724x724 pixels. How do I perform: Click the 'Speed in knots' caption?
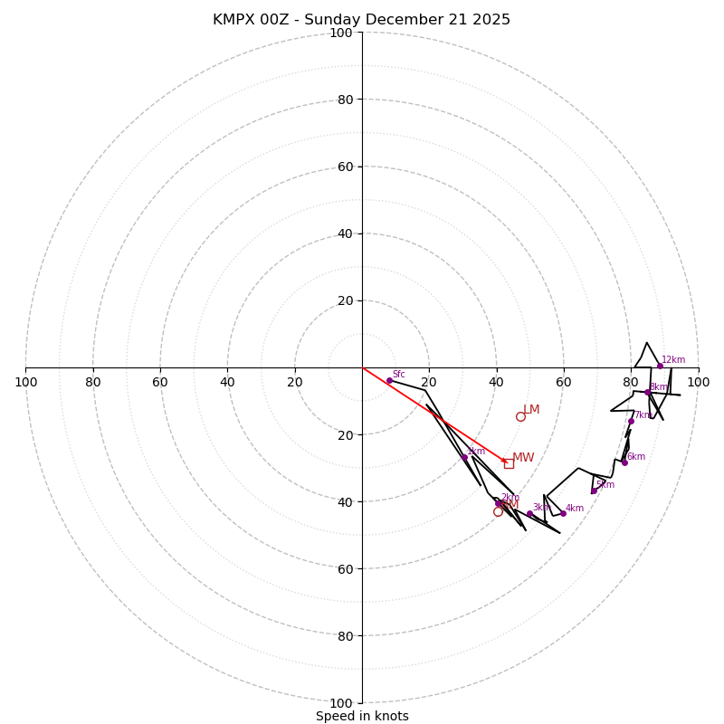pos(362,716)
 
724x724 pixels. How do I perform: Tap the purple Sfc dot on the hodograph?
pos(389,380)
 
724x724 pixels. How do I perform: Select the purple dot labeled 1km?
pos(464,457)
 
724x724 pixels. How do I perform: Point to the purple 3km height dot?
pos(529,513)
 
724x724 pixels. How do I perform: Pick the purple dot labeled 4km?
pos(563,513)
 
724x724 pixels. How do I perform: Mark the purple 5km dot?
pos(594,491)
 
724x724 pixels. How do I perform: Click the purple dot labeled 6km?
pos(624,462)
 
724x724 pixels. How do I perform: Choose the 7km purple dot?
pos(631,421)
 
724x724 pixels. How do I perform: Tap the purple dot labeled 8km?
pos(647,392)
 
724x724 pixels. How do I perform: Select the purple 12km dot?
pos(660,366)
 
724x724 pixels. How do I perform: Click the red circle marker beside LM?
pos(520,416)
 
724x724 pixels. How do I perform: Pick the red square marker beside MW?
pos(509,463)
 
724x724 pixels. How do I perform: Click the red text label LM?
pos(531,410)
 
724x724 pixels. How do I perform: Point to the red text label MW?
pos(523,458)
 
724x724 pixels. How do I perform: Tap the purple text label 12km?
pos(673,359)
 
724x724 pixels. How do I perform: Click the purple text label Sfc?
pos(399,374)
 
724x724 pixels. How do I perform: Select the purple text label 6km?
pos(636,456)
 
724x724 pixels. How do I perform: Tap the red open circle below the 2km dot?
pos(498,511)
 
